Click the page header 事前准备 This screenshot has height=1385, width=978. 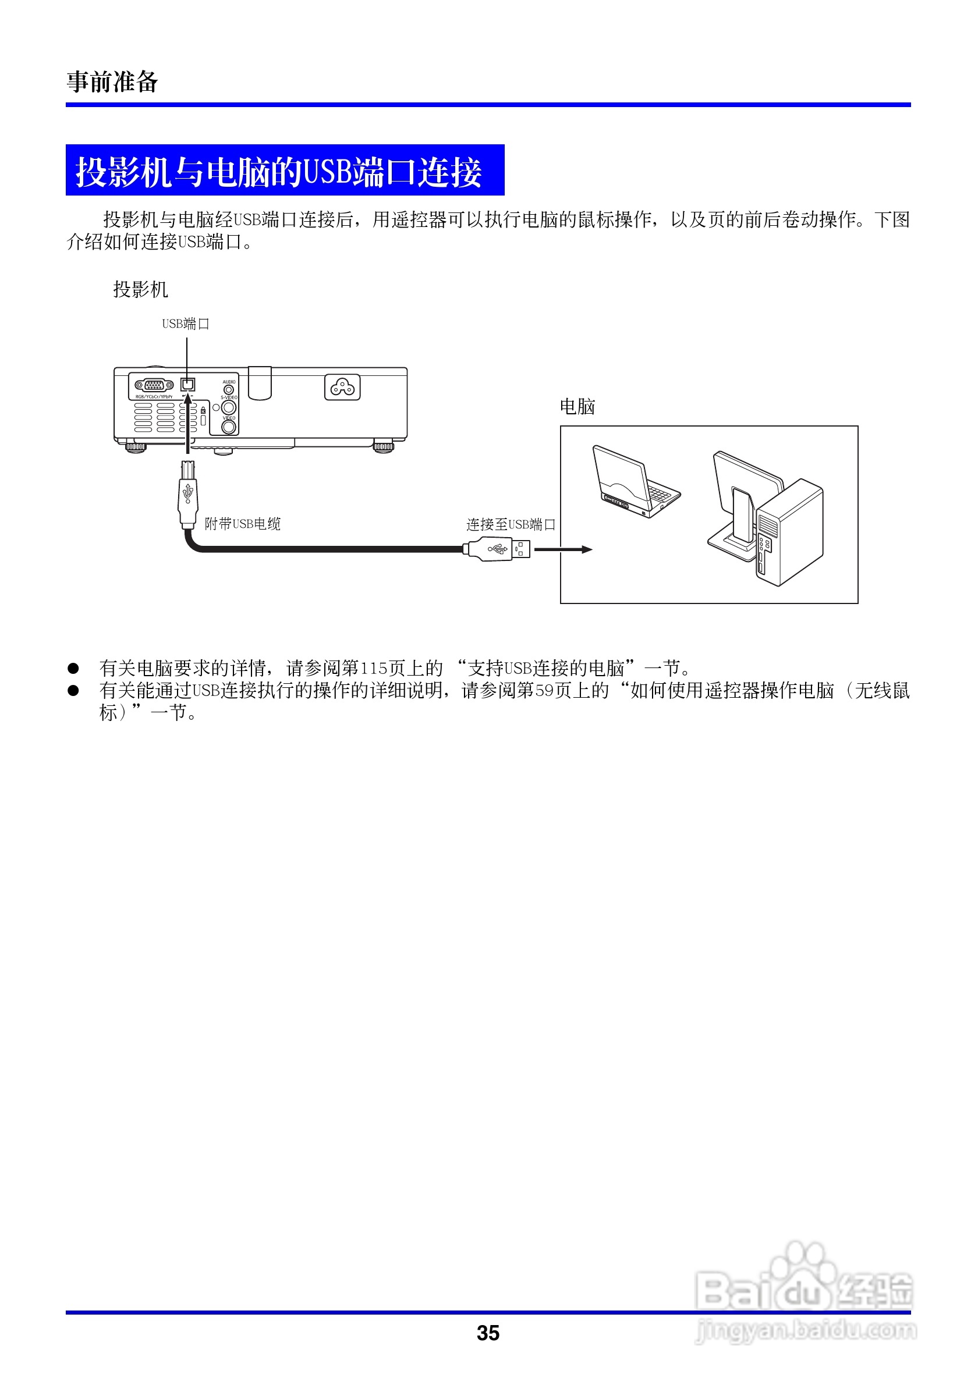[112, 81]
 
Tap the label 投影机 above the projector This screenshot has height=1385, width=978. [140, 290]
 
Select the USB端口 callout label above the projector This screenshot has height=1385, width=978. [185, 324]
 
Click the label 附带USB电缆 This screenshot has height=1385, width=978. [243, 524]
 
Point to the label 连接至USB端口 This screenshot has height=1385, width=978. [511, 524]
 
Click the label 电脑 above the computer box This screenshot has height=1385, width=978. [577, 407]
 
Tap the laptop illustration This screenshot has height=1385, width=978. [634, 482]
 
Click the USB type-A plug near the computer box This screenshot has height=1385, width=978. [498, 549]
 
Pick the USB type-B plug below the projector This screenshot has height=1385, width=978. [188, 494]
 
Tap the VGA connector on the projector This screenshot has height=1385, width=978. [154, 385]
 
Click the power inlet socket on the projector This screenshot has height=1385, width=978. [342, 387]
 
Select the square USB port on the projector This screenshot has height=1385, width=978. [188, 383]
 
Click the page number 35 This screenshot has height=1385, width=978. [488, 1334]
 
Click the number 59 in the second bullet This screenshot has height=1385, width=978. [544, 691]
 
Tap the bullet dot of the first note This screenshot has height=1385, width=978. [73, 669]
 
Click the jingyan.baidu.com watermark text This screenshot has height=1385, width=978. [806, 1330]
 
